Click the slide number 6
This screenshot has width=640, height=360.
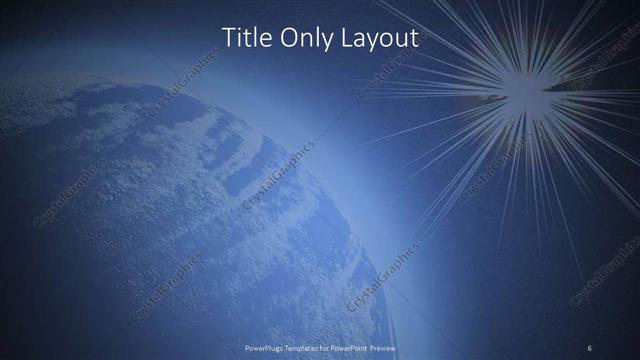pyautogui.click(x=589, y=347)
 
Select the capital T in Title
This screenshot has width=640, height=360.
pyautogui.click(x=227, y=38)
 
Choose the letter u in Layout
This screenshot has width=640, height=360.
pyautogui.click(x=402, y=40)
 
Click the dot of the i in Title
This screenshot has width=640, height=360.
pyautogui.click(x=238, y=29)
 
